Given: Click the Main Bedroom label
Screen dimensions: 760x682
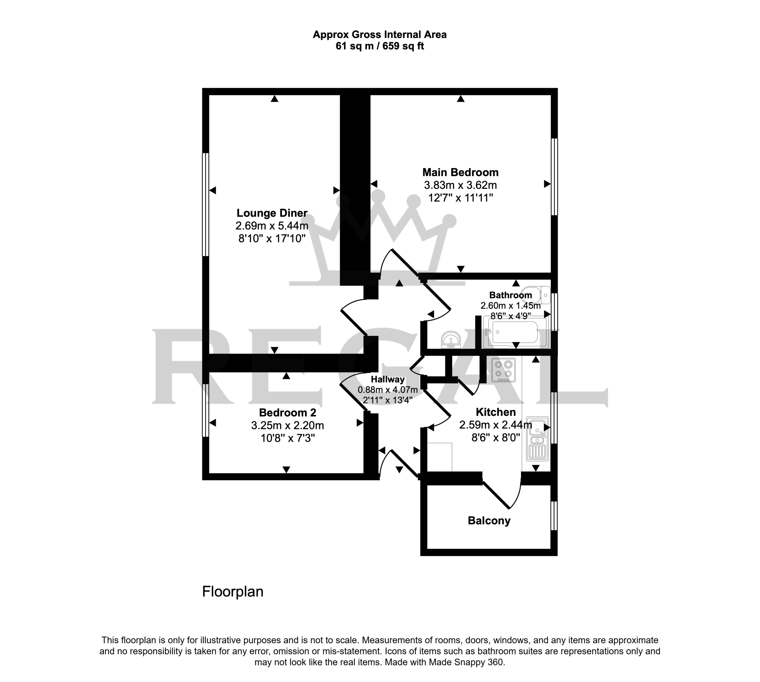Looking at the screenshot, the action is (460, 172).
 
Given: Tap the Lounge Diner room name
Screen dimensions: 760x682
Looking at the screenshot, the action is (272, 213).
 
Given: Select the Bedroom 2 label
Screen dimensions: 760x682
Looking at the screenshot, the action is (287, 413).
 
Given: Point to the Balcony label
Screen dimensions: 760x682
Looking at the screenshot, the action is (489, 521).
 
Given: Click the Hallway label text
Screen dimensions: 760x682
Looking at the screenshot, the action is (387, 379).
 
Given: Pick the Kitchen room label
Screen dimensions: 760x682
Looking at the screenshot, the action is (495, 412).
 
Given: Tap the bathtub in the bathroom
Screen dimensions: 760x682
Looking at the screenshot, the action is (515, 332).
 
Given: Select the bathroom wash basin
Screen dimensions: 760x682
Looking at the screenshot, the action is (451, 340).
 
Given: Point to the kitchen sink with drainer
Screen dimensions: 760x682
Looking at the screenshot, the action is (537, 438).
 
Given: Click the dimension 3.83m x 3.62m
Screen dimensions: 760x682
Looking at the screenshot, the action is (460, 185).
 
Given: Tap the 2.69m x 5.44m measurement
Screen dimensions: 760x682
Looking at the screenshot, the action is (272, 226).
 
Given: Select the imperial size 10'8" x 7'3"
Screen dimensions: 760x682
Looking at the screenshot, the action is (287, 438).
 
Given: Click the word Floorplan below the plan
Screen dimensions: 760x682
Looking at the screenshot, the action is (233, 592).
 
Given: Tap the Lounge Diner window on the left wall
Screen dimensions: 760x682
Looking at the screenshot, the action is (205, 204).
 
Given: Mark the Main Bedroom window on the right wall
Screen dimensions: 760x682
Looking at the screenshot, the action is (554, 177).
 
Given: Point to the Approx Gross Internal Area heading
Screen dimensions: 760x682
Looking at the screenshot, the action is (380, 35).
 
